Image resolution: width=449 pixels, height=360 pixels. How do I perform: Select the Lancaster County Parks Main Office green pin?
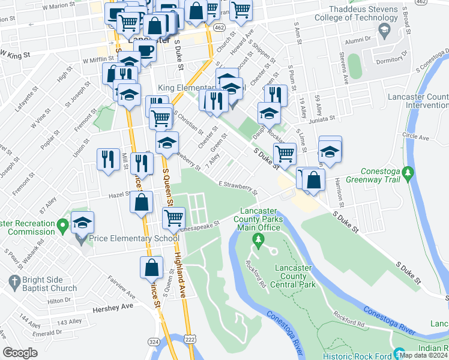click(259, 241)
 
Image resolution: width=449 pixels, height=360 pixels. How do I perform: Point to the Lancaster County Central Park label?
click(294, 276)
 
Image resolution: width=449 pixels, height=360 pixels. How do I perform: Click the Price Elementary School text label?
click(134, 238)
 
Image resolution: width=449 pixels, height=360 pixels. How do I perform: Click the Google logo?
click(20, 353)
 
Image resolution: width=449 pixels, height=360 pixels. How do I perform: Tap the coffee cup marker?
click(145, 50)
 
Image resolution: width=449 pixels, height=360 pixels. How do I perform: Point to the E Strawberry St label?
click(238, 188)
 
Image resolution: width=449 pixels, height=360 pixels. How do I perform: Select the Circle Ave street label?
click(416, 137)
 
